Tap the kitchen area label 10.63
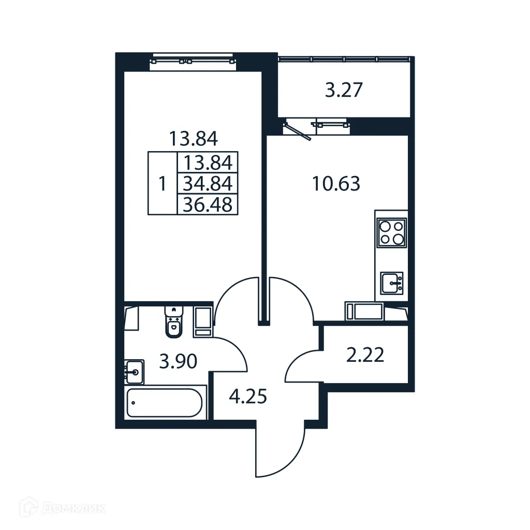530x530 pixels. (336, 183)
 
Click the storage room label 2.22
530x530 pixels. (365, 356)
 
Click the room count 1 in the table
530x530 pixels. (163, 183)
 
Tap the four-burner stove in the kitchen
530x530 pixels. (392, 232)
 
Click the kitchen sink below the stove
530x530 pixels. (392, 283)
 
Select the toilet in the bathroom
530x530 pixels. (174, 322)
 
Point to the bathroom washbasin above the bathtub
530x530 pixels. (134, 371)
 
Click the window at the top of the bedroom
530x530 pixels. (193, 60)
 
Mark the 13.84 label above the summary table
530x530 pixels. (193, 138)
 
